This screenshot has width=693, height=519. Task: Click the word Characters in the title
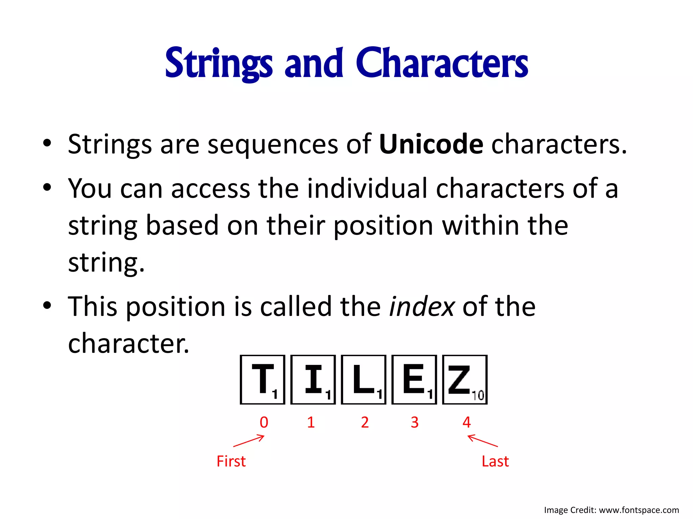[x=442, y=64]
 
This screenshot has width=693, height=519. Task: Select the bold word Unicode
[x=431, y=144]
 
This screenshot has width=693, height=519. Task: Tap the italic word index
[x=422, y=306]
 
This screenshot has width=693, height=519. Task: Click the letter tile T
[x=263, y=379]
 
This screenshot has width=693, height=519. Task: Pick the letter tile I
[x=313, y=379]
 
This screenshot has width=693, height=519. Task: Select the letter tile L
[x=363, y=379]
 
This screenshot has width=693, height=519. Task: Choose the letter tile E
[x=414, y=379]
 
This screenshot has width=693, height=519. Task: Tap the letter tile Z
[x=465, y=379]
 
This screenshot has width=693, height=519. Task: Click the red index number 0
[x=264, y=422]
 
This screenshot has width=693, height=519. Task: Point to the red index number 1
[x=311, y=422]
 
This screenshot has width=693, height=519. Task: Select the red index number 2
[x=365, y=422]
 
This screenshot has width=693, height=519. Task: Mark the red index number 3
[x=415, y=422]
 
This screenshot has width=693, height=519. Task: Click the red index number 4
[x=467, y=422]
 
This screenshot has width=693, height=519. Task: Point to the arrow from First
[x=249, y=441]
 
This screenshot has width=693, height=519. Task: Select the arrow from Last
[x=483, y=441]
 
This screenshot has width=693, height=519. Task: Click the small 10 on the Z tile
[x=478, y=395]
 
